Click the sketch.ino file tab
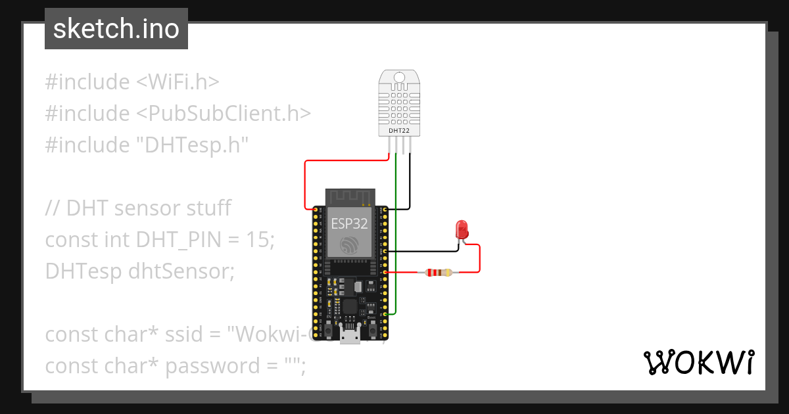pyautogui.click(x=116, y=29)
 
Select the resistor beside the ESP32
pyautogui.click(x=439, y=271)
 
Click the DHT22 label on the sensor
pyautogui.click(x=399, y=130)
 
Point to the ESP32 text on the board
pyautogui.click(x=349, y=223)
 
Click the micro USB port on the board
pyautogui.click(x=349, y=335)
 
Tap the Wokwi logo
pyautogui.click(x=698, y=362)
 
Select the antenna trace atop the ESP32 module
pyautogui.click(x=350, y=195)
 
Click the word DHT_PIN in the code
pyautogui.click(x=177, y=240)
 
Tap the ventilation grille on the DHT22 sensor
pyautogui.click(x=399, y=105)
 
